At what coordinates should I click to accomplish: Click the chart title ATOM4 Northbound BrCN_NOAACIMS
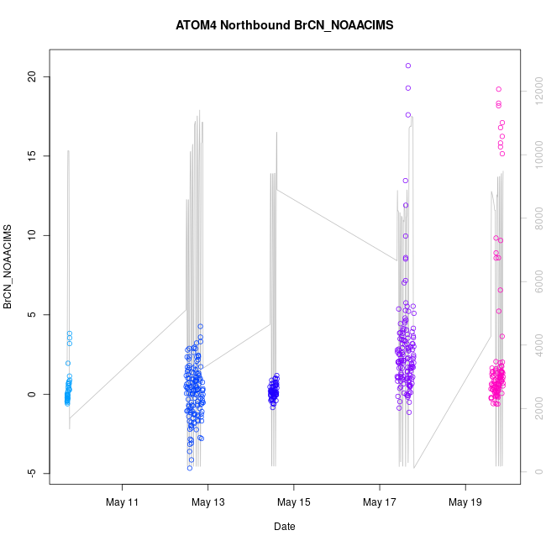tap(284, 26)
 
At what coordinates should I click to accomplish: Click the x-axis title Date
tap(284, 527)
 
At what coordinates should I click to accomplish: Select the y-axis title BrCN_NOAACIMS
tap(8, 266)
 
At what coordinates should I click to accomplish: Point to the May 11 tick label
tap(123, 502)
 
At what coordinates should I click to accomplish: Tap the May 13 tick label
tap(208, 502)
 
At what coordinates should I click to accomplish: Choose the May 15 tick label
tap(294, 502)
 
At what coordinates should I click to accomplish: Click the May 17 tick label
tap(380, 502)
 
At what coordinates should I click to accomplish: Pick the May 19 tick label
tap(465, 502)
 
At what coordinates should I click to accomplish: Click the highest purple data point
tap(408, 66)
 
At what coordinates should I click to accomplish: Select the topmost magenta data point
tap(498, 89)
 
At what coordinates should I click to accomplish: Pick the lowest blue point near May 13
tap(190, 468)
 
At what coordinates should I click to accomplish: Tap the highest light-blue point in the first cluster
tap(70, 333)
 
